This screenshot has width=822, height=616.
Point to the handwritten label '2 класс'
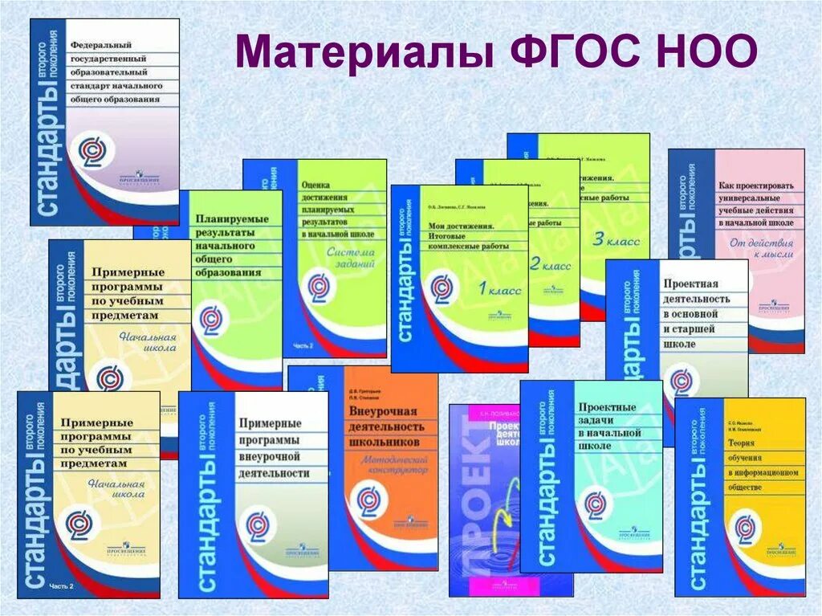pyautogui.click(x=549, y=265)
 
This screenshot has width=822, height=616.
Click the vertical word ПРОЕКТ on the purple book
pyautogui.click(x=467, y=514)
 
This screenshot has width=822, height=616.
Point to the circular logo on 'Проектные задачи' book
pyautogui.click(x=595, y=504)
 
